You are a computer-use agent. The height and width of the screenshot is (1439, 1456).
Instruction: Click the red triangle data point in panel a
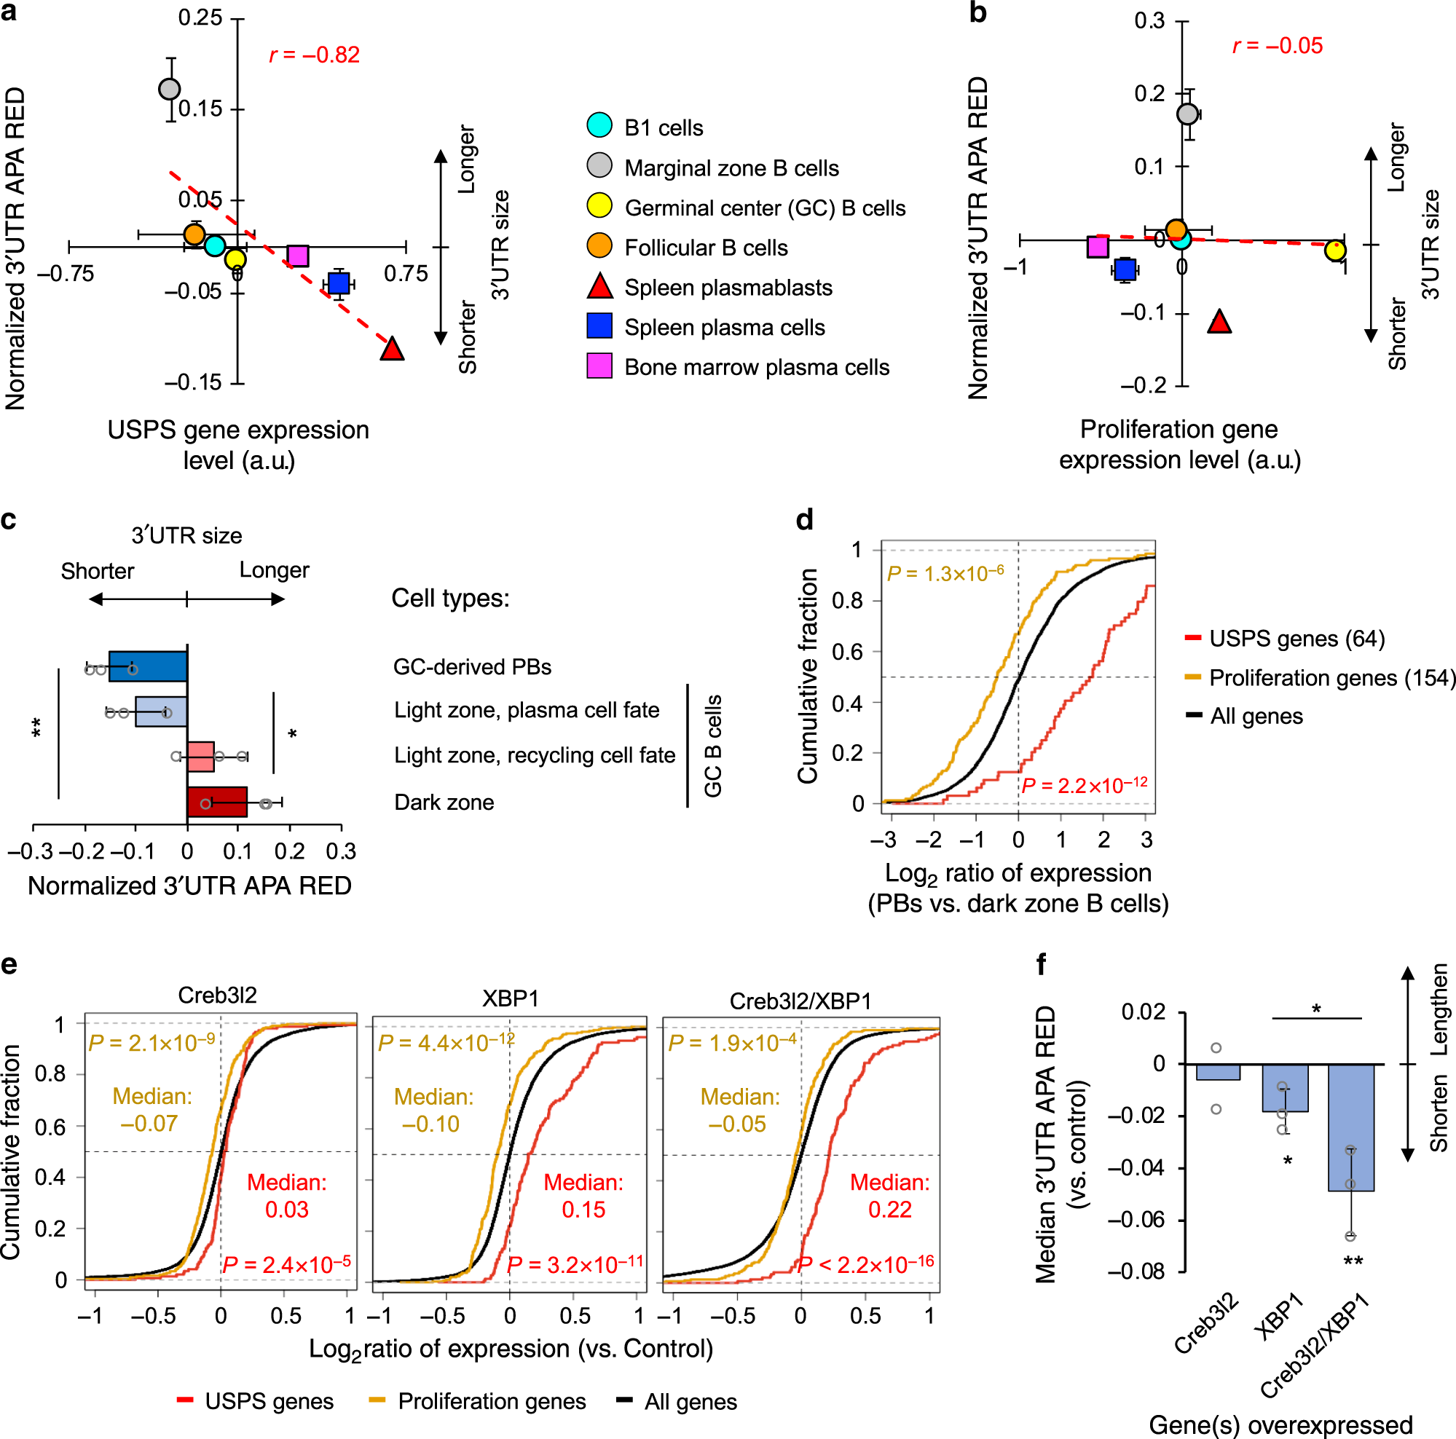coord(392,350)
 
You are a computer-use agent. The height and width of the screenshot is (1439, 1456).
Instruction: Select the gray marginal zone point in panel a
coord(170,89)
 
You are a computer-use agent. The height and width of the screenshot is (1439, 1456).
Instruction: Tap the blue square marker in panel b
coord(1125,269)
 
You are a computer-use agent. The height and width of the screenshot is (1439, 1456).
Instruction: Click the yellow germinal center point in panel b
coord(1334,250)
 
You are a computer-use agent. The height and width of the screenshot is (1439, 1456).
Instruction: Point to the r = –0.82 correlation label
coord(314,55)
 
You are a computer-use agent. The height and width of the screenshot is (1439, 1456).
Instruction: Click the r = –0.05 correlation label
coord(1278,46)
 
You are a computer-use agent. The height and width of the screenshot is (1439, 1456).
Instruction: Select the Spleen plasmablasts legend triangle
coord(600,287)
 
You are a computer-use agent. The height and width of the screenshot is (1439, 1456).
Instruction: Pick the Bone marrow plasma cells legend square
coord(600,366)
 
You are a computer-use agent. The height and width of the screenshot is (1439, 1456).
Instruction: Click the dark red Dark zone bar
coord(217,802)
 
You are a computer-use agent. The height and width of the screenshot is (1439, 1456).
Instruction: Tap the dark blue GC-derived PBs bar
coord(149,667)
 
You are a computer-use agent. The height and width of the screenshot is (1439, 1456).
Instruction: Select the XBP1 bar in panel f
coord(1286,1087)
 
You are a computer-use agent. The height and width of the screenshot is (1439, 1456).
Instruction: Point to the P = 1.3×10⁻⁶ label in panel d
coord(946,573)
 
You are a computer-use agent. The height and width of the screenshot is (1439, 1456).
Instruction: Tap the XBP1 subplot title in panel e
coord(510,999)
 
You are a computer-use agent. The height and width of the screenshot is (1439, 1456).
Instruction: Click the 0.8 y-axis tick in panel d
coord(847,602)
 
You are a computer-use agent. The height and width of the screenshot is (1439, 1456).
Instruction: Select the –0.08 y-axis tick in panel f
coord(1136,1271)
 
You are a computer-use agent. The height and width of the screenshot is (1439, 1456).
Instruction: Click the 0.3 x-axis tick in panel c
coord(341,851)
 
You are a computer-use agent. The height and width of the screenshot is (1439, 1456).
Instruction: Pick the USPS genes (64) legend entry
coord(1296,639)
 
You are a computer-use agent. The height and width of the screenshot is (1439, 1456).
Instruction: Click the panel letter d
coord(805,520)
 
